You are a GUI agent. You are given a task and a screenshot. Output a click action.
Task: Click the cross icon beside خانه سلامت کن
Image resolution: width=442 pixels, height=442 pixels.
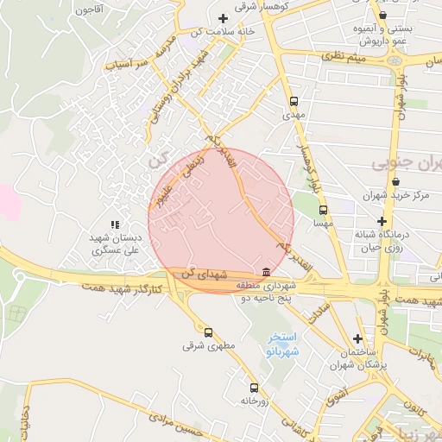point(224,18)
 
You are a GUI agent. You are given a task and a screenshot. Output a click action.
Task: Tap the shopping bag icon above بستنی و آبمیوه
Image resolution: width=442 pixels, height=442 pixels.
point(382,15)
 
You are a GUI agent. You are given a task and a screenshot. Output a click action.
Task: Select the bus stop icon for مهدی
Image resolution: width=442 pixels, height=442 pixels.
point(294,100)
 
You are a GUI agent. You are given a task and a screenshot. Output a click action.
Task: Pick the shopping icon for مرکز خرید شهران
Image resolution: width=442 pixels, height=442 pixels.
point(396,182)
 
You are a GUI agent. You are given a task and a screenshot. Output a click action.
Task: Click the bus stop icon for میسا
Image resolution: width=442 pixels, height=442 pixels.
point(323,210)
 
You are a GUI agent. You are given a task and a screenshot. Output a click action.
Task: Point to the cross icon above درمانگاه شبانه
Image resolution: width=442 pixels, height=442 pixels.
point(382,221)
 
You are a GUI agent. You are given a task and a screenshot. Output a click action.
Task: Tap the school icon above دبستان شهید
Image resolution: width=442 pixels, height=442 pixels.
point(115,224)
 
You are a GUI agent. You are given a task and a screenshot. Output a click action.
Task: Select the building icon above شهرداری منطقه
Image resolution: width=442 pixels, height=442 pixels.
point(265,273)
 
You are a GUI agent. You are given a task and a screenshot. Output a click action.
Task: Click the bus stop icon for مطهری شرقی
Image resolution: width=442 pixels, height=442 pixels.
point(208,331)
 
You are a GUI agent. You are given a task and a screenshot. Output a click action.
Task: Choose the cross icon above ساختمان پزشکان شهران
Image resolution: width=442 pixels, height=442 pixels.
point(358,338)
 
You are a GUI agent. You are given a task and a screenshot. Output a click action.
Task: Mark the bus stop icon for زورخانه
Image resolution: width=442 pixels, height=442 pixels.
point(254,388)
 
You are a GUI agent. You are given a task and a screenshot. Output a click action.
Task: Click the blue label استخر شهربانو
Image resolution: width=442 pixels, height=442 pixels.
point(282,344)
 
